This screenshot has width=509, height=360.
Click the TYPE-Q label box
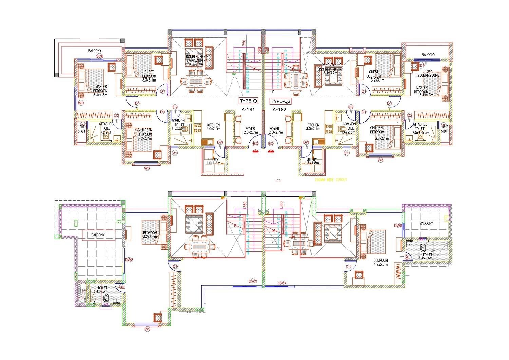coord(248,101)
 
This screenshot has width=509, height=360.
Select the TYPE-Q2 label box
coord(281,101)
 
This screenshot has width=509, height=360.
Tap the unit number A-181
coord(248,110)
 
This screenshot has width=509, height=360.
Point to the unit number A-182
coord(279,110)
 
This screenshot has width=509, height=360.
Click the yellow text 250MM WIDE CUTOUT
coord(331,180)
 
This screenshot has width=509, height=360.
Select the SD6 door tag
coord(99,56)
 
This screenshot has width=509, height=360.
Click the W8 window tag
coord(81,103)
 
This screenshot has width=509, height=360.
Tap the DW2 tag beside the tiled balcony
coord(129,260)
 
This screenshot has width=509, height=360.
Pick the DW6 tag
coord(398,226)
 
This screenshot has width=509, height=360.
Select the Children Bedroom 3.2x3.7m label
coord(145,132)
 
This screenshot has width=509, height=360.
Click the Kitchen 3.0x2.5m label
coord(213,127)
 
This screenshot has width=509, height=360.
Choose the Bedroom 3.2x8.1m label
coord(150,235)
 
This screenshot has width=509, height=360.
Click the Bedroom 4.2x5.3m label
coord(380,262)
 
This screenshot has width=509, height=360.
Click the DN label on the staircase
coord(292,237)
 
